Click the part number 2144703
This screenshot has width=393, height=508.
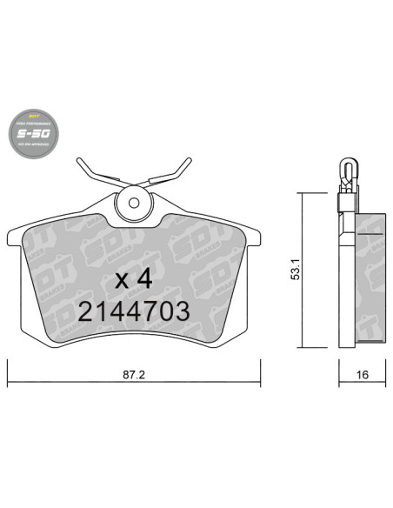(133, 311)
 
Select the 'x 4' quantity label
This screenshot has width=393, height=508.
(134, 280)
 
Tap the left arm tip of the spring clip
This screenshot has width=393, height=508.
(80, 161)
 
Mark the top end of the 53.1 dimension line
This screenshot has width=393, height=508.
(300, 194)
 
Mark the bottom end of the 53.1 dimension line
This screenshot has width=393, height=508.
(300, 347)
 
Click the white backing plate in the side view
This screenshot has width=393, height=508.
(346, 278)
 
